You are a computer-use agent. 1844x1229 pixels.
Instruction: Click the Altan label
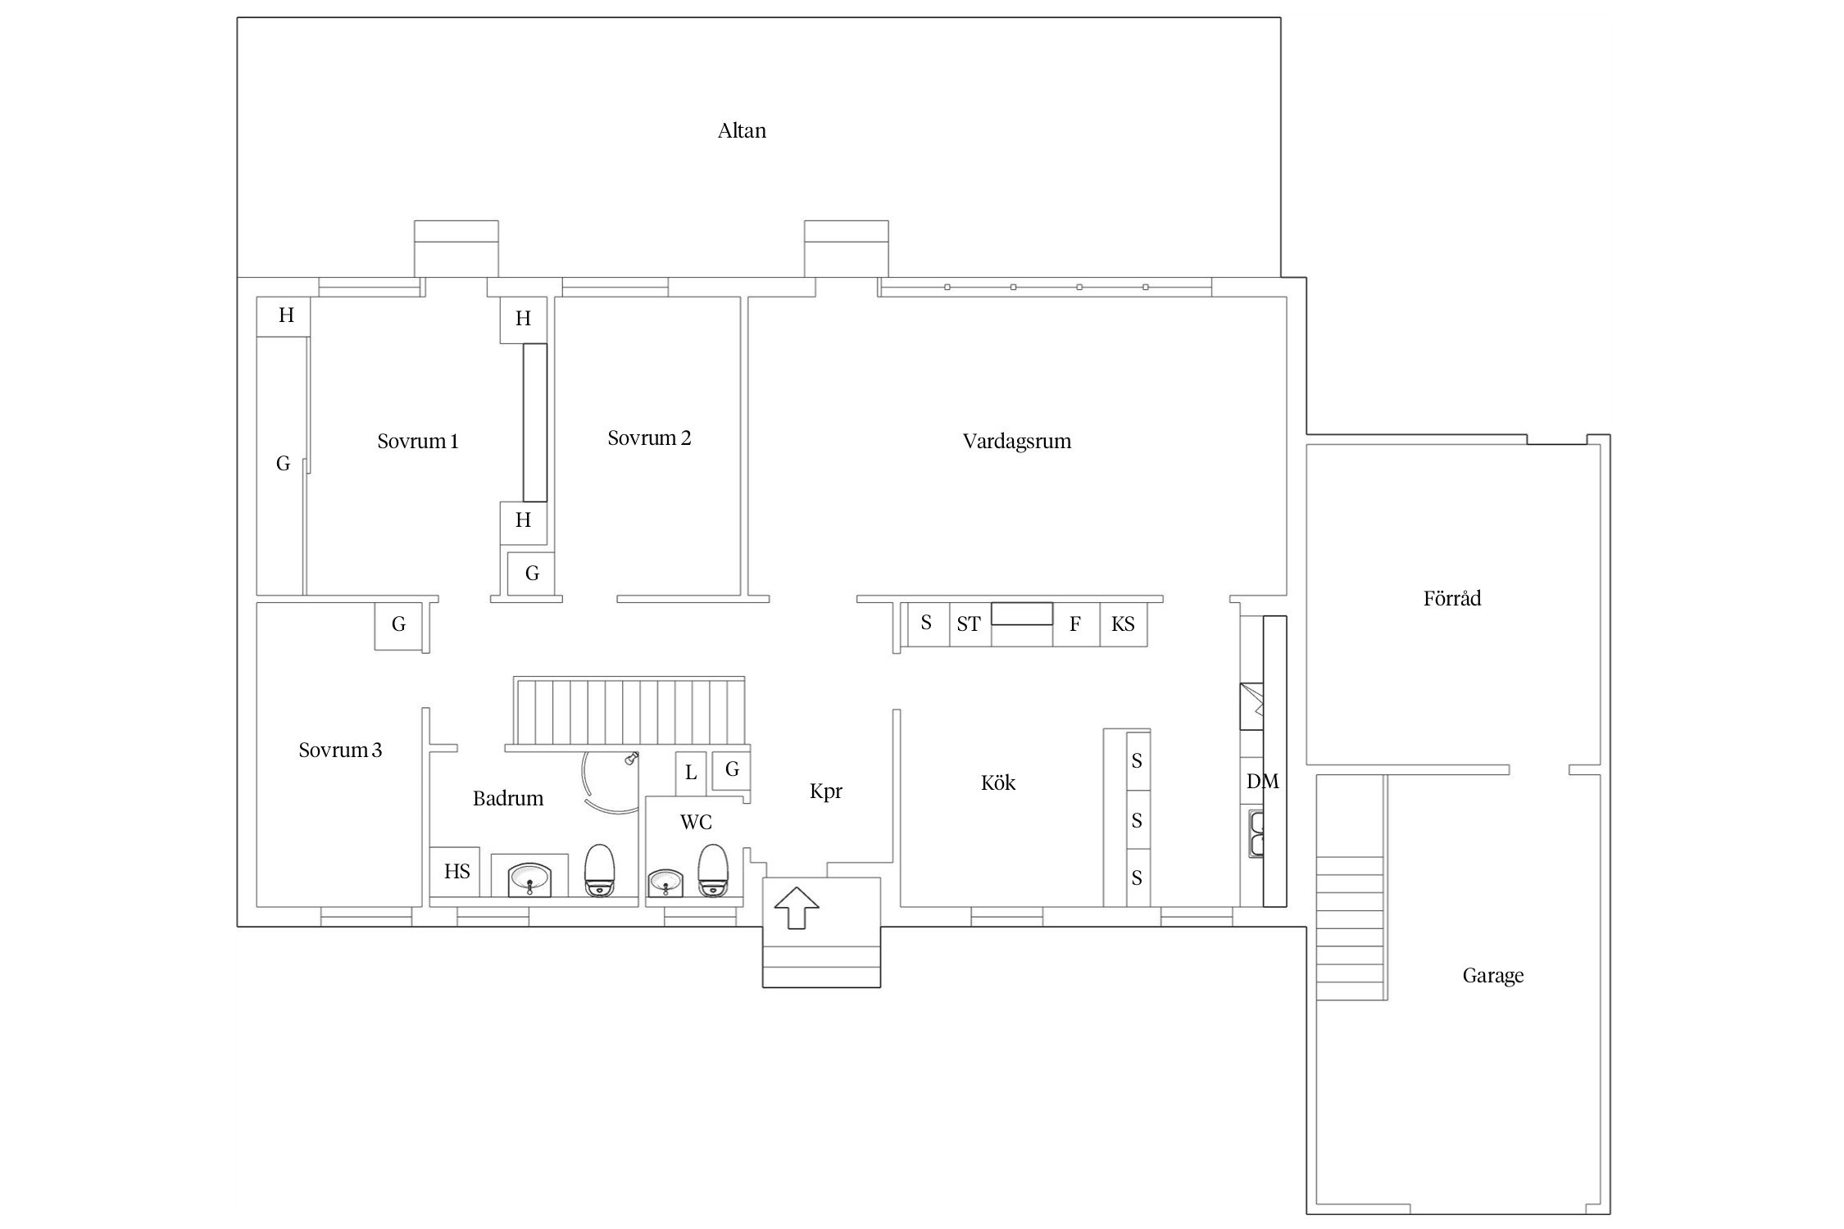(x=742, y=131)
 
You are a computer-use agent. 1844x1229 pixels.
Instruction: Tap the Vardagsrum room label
(x=1017, y=442)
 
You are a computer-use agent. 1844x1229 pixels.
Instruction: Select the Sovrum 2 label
(x=649, y=438)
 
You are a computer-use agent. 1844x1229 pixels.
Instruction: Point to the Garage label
(x=1493, y=976)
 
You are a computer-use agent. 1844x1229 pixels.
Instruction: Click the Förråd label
(x=1452, y=598)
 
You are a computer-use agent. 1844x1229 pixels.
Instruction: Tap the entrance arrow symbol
(x=797, y=909)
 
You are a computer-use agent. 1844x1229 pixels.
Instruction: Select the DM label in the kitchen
(x=1262, y=782)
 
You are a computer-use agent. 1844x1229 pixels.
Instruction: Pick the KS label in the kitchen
(x=1123, y=624)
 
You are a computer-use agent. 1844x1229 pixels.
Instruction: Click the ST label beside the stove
(x=969, y=624)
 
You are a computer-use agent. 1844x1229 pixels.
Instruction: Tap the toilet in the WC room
(x=712, y=870)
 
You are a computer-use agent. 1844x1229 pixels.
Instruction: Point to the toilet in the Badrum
(x=599, y=870)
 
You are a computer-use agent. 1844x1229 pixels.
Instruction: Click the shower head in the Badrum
(x=631, y=759)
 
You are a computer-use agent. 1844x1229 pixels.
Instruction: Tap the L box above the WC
(x=691, y=773)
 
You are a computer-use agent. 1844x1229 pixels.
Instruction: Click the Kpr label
(x=826, y=791)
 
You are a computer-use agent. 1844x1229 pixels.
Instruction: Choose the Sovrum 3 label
(x=340, y=751)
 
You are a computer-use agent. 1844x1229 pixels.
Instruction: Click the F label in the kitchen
(x=1075, y=625)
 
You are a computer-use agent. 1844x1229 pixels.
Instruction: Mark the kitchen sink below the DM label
(x=1256, y=833)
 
